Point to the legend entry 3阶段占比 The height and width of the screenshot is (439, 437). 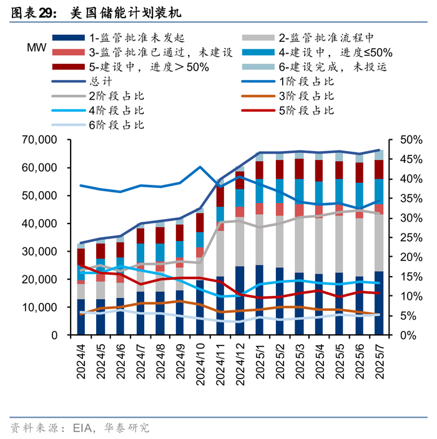click(x=306, y=96)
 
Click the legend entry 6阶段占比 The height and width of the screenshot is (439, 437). click(x=116, y=125)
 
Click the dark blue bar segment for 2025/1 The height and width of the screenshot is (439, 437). click(x=260, y=300)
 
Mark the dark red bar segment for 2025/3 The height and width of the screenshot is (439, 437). click(x=299, y=169)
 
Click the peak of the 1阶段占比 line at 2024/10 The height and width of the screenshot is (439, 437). click(x=200, y=167)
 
